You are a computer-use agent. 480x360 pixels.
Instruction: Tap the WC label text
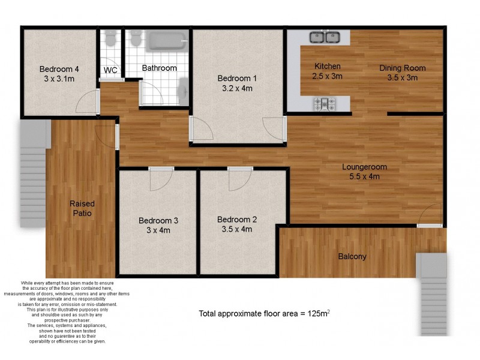pyautogui.click(x=110, y=70)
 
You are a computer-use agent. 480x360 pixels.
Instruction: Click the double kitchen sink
pyautogui.click(x=325, y=38)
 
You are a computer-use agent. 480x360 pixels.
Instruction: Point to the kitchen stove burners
pyautogui.click(x=324, y=104)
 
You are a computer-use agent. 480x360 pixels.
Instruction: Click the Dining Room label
pyautogui.click(x=402, y=68)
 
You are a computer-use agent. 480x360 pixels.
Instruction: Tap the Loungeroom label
pyautogui.click(x=364, y=167)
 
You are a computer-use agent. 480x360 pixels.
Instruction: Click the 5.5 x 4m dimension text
pyautogui.click(x=364, y=176)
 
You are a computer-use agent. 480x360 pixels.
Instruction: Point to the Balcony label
pyautogui.click(x=352, y=257)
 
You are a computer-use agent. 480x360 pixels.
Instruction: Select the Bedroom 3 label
pyautogui.click(x=158, y=220)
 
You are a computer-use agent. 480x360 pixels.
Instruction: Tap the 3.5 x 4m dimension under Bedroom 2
pyautogui.click(x=235, y=229)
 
